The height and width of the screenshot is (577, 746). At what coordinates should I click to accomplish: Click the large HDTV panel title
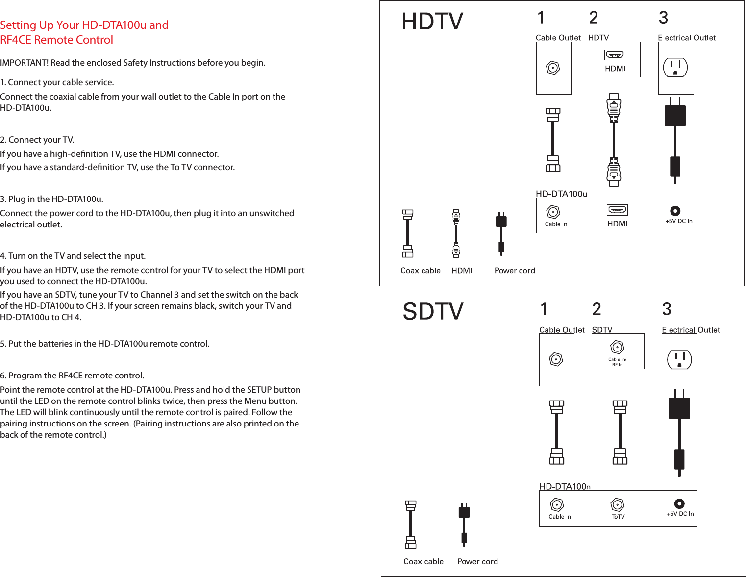pos(432,22)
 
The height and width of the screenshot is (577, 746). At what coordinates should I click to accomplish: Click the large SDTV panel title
pos(433,312)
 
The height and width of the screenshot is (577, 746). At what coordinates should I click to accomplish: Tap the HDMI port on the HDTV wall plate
pos(615,55)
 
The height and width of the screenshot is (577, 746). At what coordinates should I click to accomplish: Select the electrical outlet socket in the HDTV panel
pos(675,68)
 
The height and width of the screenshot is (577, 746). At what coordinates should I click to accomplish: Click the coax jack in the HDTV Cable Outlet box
pos(553,68)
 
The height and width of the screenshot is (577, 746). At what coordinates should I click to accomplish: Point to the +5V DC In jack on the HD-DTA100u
pos(675,211)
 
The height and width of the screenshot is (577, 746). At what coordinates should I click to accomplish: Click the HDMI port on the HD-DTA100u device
pos(617,210)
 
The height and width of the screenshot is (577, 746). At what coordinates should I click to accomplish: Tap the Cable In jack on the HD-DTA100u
pos(553,212)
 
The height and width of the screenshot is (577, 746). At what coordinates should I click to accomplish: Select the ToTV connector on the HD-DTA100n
pos(618,504)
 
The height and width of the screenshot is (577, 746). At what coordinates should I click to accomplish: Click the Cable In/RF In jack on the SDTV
pos(617,347)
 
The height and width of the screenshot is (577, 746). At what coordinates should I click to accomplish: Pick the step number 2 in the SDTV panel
pos(597,309)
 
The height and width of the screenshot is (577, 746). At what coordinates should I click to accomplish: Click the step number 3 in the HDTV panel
pos(663,18)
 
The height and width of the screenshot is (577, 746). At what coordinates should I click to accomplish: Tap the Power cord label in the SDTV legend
pos(477,562)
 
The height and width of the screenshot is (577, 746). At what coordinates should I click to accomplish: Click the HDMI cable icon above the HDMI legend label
pos(456,234)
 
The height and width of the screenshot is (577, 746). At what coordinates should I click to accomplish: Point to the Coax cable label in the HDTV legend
pos(420,271)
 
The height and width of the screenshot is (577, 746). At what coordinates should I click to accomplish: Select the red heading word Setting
pos(18,25)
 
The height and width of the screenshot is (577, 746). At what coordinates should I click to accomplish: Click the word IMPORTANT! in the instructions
pos(24,63)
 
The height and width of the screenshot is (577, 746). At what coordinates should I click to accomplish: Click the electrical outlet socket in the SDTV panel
pos(679,359)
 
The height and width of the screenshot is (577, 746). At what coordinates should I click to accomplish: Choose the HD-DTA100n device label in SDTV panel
pos(565,486)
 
